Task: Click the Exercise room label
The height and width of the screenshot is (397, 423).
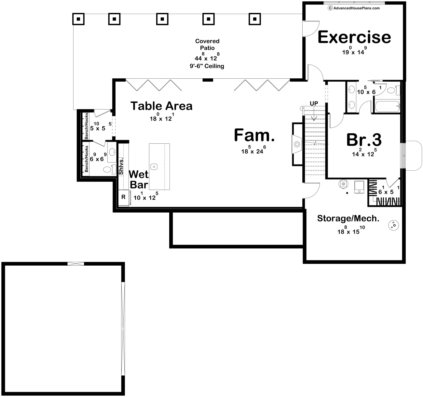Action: point(354,37)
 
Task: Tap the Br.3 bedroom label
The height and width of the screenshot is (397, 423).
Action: point(364,140)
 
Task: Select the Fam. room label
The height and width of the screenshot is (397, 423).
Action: point(254,135)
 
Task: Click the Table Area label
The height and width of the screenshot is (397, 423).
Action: point(161,106)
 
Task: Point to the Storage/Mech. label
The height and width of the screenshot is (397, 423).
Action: point(348,218)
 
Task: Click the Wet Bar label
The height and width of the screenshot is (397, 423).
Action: point(139,179)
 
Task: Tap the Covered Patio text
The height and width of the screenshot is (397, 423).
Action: point(207,44)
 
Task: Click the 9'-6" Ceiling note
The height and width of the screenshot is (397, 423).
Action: point(207,66)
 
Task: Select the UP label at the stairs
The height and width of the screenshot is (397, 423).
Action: point(314,103)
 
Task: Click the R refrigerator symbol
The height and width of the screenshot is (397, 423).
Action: point(124,197)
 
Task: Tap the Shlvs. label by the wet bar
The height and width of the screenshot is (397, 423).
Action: point(121,166)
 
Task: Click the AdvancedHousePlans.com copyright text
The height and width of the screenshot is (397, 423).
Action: point(354,8)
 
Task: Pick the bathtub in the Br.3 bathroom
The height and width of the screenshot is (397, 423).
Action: point(388,106)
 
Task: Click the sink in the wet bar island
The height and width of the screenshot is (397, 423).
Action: point(154,166)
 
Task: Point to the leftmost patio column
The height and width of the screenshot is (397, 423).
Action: point(78,19)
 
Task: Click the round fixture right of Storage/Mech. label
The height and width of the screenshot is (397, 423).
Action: point(394,225)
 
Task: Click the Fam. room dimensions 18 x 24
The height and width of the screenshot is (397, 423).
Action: point(253,150)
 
